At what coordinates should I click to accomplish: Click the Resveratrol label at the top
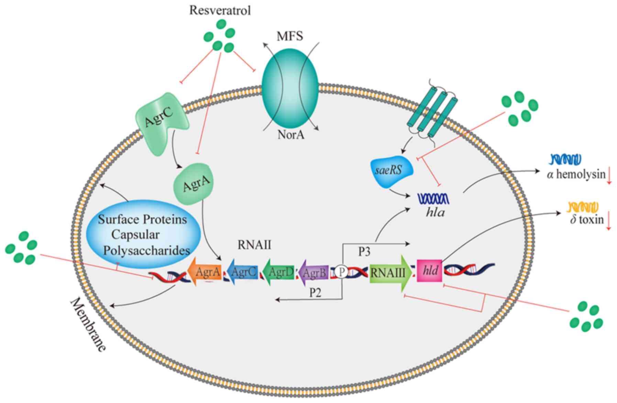pyautogui.click(x=220, y=10)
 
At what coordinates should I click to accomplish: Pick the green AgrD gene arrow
pyautogui.click(x=278, y=272)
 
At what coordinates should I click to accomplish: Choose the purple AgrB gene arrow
pyautogui.click(x=313, y=273)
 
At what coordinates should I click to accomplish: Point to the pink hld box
pyautogui.click(x=430, y=271)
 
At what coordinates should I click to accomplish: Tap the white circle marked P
pyautogui.click(x=341, y=272)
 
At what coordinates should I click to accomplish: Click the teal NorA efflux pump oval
pyautogui.click(x=290, y=88)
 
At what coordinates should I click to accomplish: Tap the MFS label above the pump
pyautogui.click(x=290, y=36)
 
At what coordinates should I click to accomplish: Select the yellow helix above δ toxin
pyautogui.click(x=583, y=207)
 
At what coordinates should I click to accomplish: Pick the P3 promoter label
pyautogui.click(x=364, y=252)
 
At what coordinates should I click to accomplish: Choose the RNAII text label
pyautogui.click(x=254, y=245)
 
